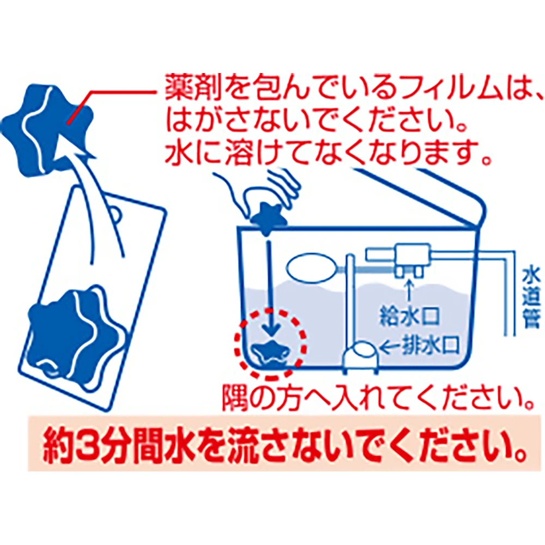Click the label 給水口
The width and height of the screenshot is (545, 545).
[x=409, y=316]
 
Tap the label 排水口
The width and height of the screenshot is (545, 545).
[x=431, y=346]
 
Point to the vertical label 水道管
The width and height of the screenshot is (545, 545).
[x=531, y=298]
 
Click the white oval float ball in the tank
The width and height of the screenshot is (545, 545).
[x=312, y=268]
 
